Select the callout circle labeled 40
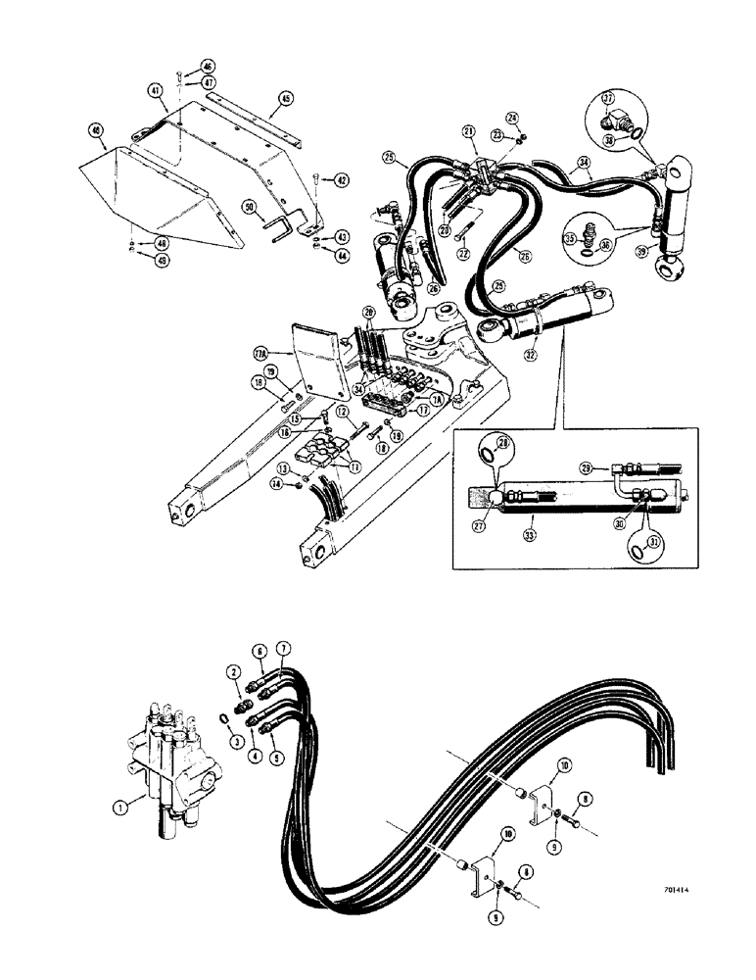point(95,129)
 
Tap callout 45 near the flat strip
point(286,98)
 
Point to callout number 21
point(469,131)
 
